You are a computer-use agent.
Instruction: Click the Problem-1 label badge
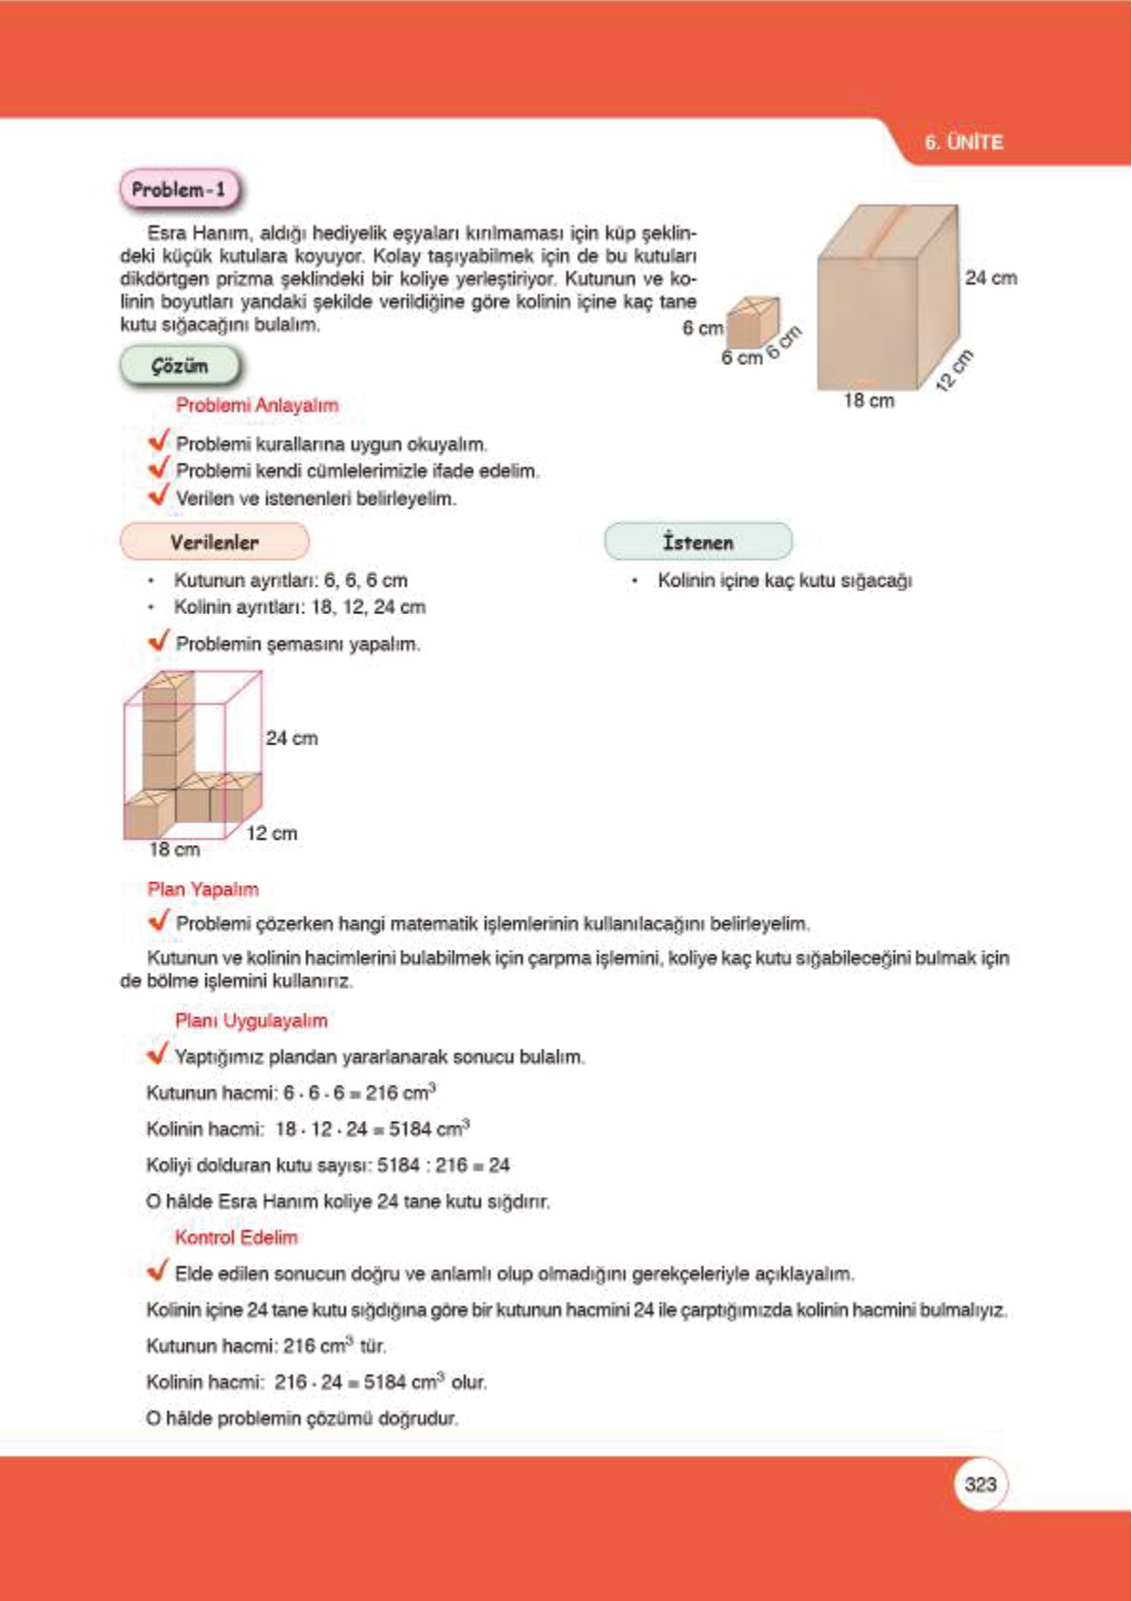[179, 189]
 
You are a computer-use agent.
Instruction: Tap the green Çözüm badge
[180, 366]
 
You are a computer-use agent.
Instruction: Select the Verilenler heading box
[214, 542]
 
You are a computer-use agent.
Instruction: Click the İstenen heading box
[698, 542]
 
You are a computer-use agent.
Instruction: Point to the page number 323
[979, 1484]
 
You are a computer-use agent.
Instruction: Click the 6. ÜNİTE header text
[963, 143]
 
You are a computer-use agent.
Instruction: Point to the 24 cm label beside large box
[990, 278]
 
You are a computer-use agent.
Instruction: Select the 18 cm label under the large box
[868, 400]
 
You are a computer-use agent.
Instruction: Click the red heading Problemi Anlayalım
[257, 405]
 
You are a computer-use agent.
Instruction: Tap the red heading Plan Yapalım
[202, 889]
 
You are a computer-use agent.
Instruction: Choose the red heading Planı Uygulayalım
[251, 1020]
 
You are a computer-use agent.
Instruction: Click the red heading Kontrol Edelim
[236, 1237]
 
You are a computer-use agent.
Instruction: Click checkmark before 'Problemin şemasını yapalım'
[159, 641]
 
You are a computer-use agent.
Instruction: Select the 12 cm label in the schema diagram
[272, 833]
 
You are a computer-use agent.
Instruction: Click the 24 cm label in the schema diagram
[292, 738]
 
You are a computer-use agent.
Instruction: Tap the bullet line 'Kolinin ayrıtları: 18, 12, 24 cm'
[298, 607]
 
